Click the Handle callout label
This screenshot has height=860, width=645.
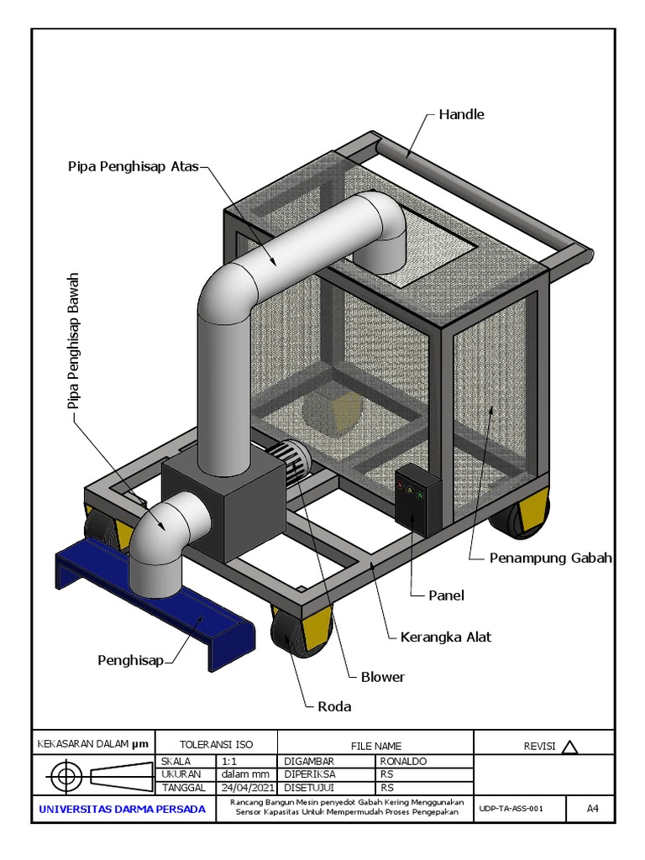click(x=461, y=114)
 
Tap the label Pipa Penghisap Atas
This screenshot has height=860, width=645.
click(x=134, y=166)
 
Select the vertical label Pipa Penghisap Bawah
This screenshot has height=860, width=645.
click(x=74, y=341)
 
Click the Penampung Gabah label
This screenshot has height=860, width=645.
click(x=550, y=558)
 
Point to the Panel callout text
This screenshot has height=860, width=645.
click(x=446, y=595)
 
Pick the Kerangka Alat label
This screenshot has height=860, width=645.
click(x=445, y=637)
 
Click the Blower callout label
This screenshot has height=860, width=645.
click(x=382, y=677)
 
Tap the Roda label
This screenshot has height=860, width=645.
click(x=334, y=706)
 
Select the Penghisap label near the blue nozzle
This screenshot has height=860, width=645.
click(x=130, y=660)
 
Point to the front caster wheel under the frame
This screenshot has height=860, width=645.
click(x=302, y=630)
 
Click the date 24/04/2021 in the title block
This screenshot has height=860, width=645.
click(x=248, y=788)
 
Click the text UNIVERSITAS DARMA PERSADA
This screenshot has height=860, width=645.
click(x=123, y=809)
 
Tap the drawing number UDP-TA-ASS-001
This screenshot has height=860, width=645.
click(x=511, y=809)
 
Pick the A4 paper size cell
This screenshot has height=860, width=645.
click(x=592, y=809)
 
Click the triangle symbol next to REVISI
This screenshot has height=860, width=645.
click(x=570, y=747)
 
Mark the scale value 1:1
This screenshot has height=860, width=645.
click(x=229, y=761)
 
